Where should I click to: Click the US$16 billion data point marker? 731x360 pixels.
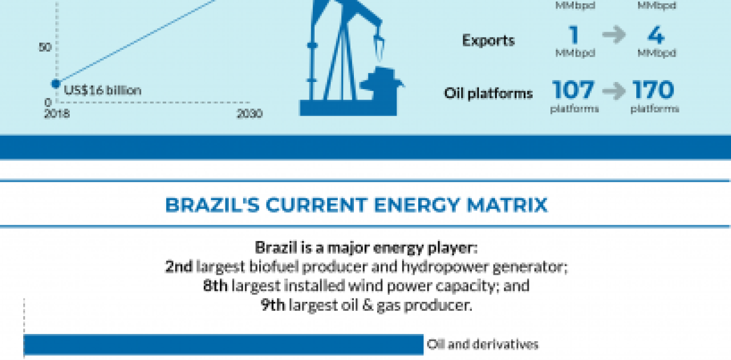[x=55, y=84]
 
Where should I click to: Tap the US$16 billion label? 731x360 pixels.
[x=102, y=90]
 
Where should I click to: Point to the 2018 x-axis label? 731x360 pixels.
[x=56, y=114]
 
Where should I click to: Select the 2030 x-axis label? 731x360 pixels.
[x=250, y=114]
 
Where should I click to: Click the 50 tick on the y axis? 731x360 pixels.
[x=45, y=47]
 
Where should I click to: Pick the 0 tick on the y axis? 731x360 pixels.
[x=48, y=102]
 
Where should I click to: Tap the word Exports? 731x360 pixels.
[x=488, y=41]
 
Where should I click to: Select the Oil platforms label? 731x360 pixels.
[x=488, y=93]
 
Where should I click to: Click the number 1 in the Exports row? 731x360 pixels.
[x=574, y=36]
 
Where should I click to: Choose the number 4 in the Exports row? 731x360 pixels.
[x=655, y=36]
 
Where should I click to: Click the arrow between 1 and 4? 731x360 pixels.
[x=614, y=36]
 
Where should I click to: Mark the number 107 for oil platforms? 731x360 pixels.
[x=574, y=90]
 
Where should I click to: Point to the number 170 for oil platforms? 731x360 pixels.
[x=654, y=90]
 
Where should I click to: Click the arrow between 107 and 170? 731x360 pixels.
[x=614, y=91]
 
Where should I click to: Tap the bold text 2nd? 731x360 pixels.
[x=179, y=267]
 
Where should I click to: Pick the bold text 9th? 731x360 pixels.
[x=273, y=305]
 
